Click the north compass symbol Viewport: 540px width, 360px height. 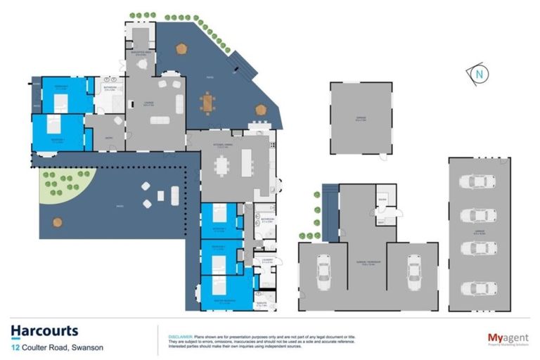[x=479, y=72]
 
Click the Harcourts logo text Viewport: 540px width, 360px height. [x=44, y=330]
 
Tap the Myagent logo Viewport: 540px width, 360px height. [x=508, y=338]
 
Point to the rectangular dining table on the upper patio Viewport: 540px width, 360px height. [x=207, y=103]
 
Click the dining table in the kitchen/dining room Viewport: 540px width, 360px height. [x=222, y=165]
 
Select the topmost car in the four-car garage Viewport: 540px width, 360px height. [x=477, y=182]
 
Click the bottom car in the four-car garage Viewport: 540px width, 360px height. [x=477, y=288]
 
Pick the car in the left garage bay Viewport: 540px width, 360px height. [x=323, y=268]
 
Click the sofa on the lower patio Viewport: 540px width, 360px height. [x=174, y=196]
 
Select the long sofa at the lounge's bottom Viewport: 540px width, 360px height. [x=160, y=120]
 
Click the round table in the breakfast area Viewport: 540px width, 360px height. [x=143, y=64]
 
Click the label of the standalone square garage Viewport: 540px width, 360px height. [x=360, y=118]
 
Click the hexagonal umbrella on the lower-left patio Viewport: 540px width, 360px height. [x=58, y=222]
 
